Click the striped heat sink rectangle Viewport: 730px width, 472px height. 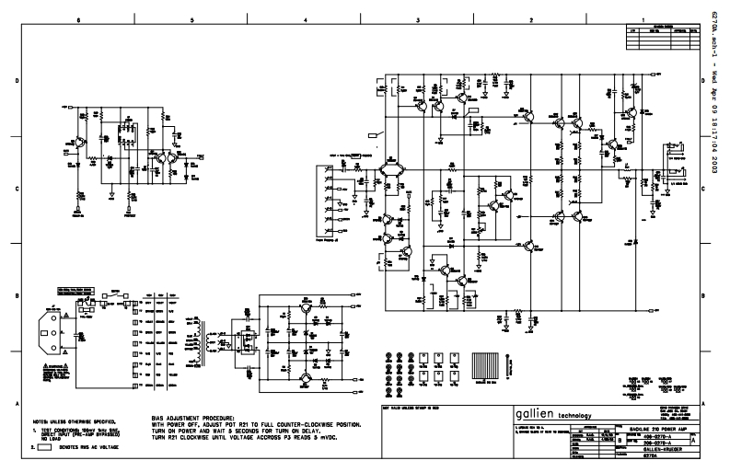tap(487, 364)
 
